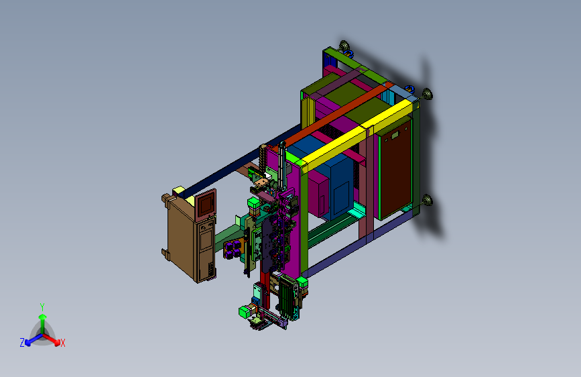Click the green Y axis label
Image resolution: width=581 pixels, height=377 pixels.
42,307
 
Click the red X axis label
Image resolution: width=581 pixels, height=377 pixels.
63,343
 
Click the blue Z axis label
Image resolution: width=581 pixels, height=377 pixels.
22,343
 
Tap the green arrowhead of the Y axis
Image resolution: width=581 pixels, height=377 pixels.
43,317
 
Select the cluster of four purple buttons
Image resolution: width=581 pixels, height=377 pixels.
233,249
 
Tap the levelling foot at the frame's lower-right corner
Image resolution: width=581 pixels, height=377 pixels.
428,201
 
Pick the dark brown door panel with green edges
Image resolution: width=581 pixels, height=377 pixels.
395,168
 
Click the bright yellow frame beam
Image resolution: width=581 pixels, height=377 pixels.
358,134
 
